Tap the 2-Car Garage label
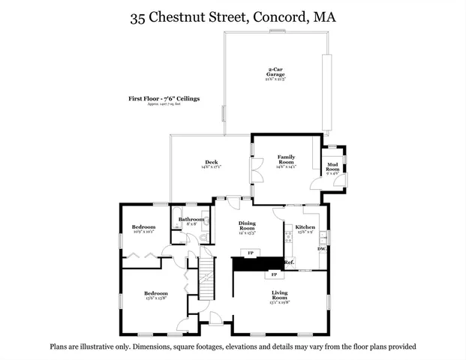pos(275,73)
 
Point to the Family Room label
pos(284,159)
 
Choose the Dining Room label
pos(247,224)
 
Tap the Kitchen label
pos(305,226)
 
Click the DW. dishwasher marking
pos(321,248)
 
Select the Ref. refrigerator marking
pos(289,262)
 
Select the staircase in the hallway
pos(206,285)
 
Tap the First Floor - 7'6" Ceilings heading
pos(164,98)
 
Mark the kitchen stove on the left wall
pos(287,239)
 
